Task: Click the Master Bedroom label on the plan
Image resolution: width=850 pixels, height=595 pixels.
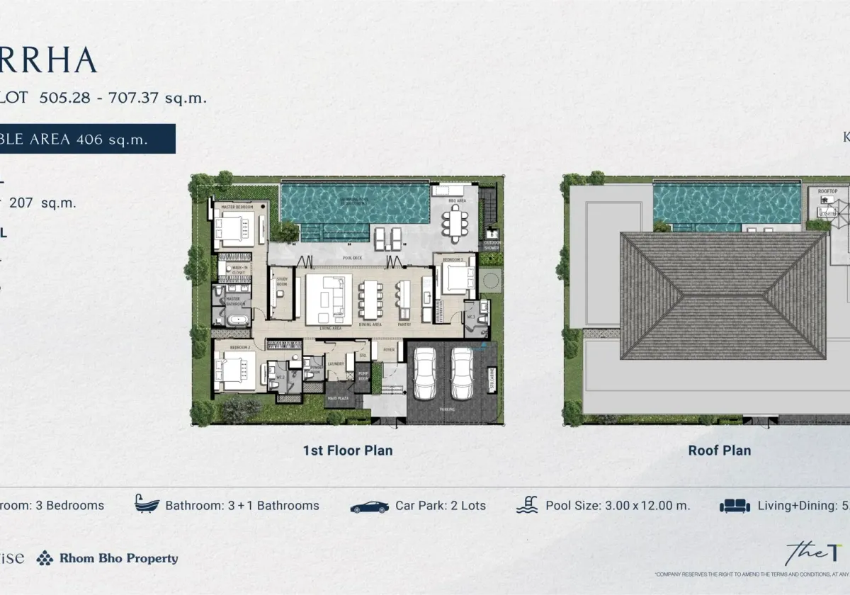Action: [238, 207]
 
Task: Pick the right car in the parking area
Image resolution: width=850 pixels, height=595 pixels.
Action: [463, 373]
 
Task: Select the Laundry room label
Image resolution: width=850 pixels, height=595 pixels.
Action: [336, 365]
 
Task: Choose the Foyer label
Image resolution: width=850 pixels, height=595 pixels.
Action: [389, 349]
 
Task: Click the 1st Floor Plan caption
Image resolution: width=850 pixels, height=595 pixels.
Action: [347, 450]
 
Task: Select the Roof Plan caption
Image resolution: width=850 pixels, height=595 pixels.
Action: [719, 450]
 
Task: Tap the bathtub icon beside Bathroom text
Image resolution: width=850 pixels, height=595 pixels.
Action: [147, 505]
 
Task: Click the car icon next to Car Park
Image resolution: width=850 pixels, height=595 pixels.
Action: [369, 506]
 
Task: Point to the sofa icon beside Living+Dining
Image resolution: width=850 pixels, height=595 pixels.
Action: [735, 506]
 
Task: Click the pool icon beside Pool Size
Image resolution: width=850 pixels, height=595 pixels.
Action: [526, 505]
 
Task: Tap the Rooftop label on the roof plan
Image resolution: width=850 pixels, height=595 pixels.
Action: [827, 191]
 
